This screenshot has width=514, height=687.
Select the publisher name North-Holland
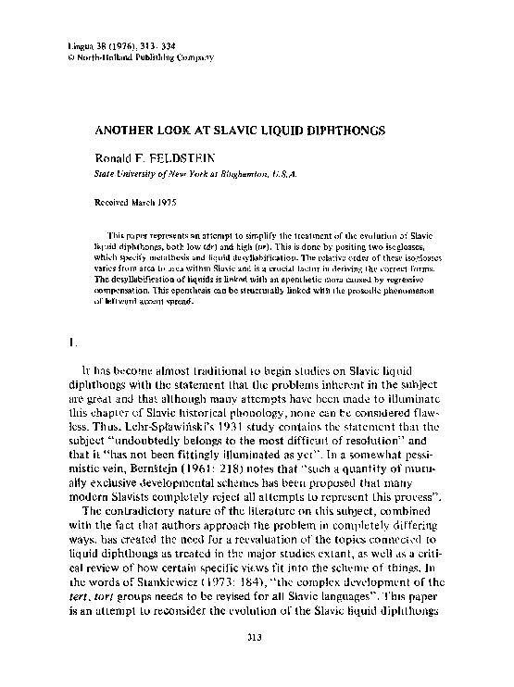click(101, 56)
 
